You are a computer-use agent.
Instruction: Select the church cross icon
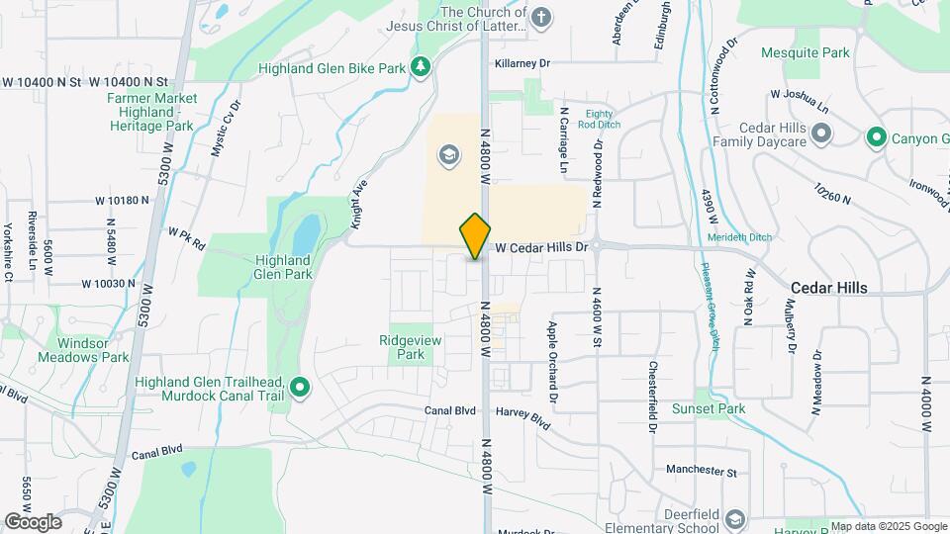(540, 17)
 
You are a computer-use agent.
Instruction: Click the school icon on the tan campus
(448, 155)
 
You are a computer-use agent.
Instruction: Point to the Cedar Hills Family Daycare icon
(820, 133)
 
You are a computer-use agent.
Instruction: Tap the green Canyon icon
(875, 137)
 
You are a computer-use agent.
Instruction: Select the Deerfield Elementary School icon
(735, 519)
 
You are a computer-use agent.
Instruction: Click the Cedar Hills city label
(829, 288)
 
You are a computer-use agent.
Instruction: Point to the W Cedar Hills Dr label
(542, 246)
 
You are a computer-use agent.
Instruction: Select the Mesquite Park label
(806, 51)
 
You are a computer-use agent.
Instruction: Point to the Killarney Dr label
(522, 62)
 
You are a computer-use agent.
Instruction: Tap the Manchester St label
(702, 471)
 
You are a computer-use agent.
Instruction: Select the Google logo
(33, 522)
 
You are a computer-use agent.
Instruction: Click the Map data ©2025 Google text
(888, 526)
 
